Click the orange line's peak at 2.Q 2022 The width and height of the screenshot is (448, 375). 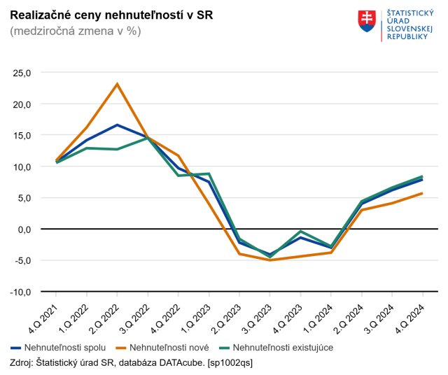click(117, 84)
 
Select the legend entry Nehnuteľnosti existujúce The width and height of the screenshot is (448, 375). click(282, 347)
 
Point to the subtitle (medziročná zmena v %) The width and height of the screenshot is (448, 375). click(76, 32)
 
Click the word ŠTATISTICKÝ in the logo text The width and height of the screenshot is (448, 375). click(405, 13)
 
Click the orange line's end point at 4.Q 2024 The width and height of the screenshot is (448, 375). click(422, 193)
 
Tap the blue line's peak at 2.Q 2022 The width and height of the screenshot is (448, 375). click(117, 125)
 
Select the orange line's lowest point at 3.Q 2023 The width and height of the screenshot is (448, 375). click(269, 260)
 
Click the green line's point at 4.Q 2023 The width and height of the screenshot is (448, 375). click(300, 232)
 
